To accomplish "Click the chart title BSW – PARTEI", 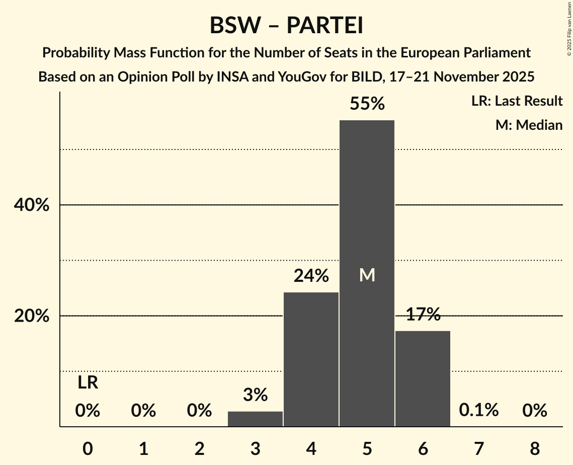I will [286, 25].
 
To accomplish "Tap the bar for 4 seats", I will [311, 359].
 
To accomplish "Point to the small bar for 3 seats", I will [255, 419].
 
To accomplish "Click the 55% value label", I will [367, 104].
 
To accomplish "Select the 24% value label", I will [311, 276].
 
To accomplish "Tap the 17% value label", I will [423, 315].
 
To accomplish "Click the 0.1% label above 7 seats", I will [478, 410].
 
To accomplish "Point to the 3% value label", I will [255, 395].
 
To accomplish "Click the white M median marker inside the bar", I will [367, 275].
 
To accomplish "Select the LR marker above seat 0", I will [88, 383].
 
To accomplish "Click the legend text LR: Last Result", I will [517, 101].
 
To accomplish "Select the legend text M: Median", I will [529, 125].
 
